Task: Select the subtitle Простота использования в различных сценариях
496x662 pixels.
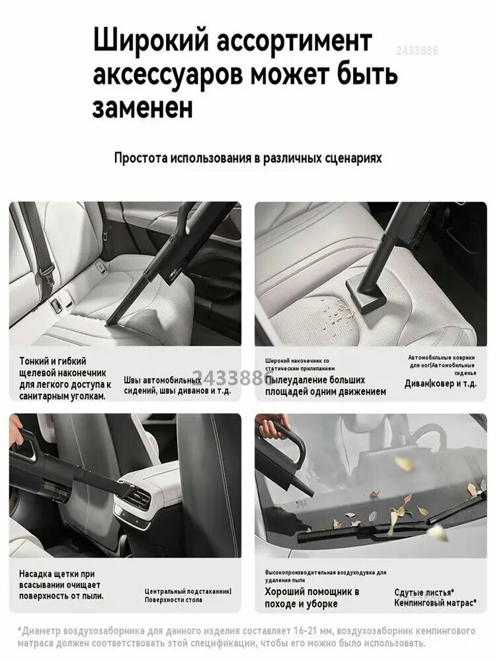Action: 247,159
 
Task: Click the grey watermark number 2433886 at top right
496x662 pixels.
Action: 417,50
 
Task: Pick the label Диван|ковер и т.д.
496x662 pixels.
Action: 440,383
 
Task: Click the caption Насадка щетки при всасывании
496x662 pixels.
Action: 60,586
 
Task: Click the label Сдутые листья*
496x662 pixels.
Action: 423,591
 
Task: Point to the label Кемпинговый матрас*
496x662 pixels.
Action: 434,603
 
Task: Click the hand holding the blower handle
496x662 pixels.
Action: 272,428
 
